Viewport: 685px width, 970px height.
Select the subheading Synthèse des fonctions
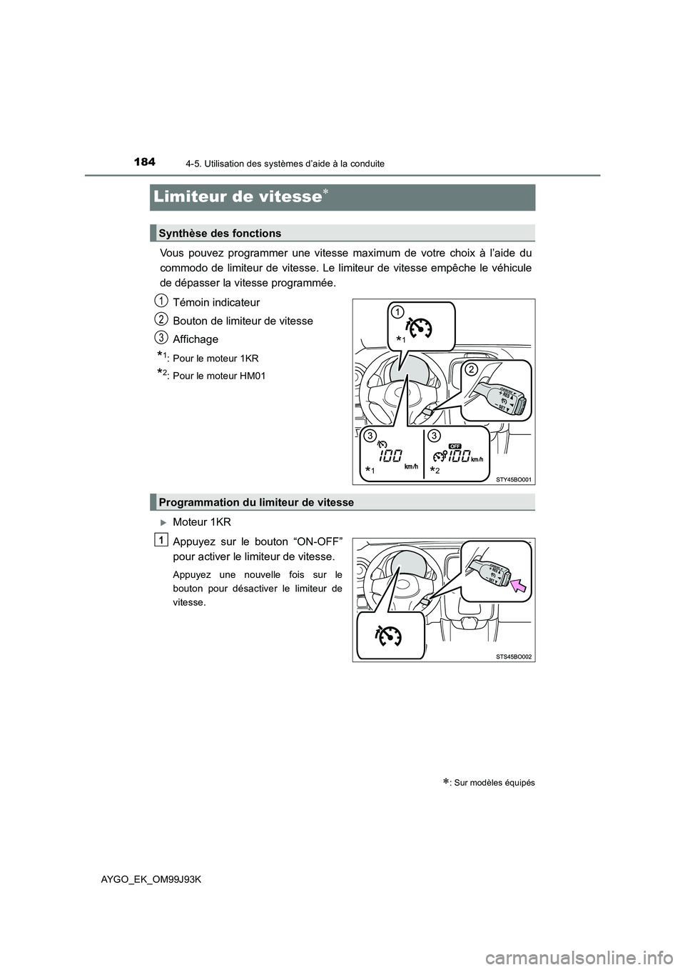tap(220, 234)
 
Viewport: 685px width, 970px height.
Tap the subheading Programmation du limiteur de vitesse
tap(256, 502)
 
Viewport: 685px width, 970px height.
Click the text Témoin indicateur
tap(216, 302)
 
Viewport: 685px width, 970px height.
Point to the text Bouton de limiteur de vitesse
tap(243, 321)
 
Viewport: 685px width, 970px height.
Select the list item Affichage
tap(196, 339)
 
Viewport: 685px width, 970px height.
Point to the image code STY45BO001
tap(514, 479)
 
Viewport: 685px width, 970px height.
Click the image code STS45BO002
tap(514, 656)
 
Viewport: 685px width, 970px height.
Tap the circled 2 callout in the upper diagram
tap(471, 369)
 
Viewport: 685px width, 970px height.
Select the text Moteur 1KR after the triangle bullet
tap(202, 522)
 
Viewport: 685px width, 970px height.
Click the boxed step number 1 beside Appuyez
tap(163, 539)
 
